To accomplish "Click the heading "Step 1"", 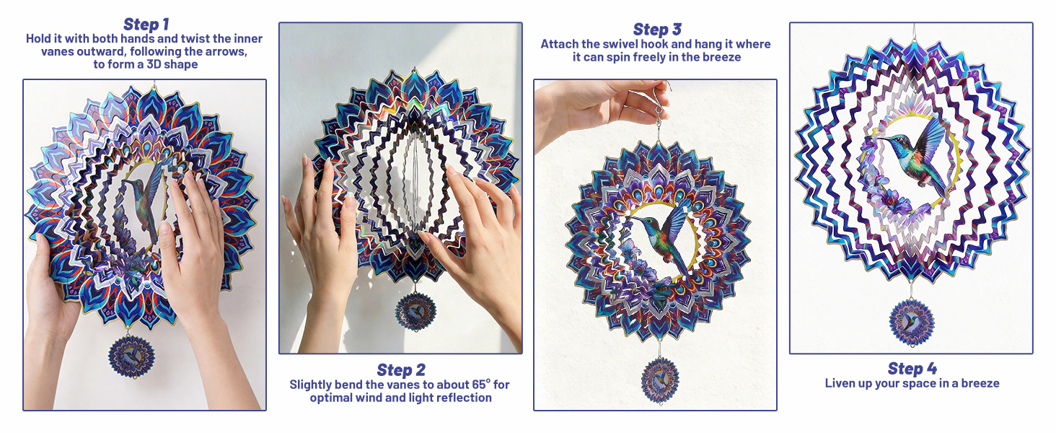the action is click(146, 24).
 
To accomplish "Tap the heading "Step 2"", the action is click(401, 369).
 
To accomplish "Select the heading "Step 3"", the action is click(656, 30).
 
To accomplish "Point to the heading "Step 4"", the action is click(912, 368).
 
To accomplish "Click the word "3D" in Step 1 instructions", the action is click(154, 64).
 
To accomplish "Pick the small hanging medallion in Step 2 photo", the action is click(415, 311).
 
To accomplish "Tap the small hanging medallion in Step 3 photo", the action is click(660, 380).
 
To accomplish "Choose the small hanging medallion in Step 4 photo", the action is click(911, 323).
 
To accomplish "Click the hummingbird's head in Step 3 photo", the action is click(650, 222).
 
